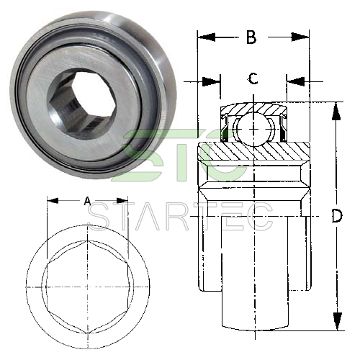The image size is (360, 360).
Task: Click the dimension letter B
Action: [251, 37]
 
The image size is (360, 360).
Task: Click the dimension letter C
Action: [253, 78]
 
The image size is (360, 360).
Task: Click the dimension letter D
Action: [336, 215]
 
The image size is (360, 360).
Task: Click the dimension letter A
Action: [88, 201]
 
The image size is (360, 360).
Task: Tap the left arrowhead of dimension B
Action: [206, 37]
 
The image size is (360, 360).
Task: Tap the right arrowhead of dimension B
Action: [300, 37]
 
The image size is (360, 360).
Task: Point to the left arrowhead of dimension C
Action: [212, 81]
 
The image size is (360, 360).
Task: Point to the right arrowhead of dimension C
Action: [295, 81]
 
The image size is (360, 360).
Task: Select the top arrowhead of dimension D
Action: [336, 111]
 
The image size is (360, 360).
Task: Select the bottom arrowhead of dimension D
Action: [337, 322]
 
